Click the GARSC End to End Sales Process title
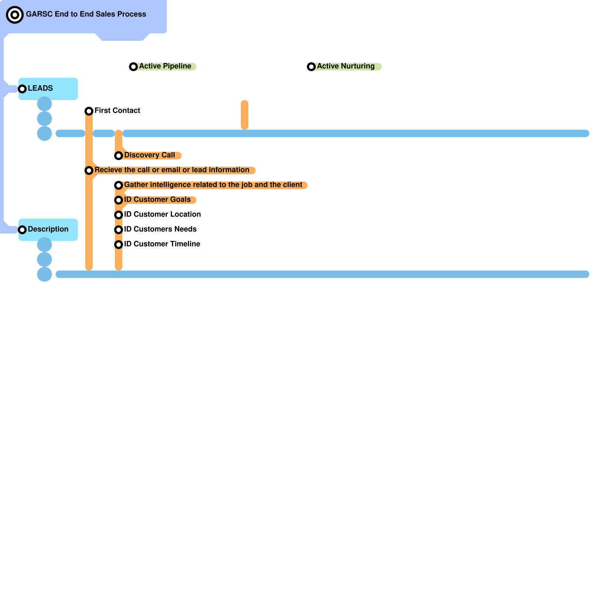86,14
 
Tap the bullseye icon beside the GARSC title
15,15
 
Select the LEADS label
40,88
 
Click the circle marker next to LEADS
22,89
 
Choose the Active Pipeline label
165,66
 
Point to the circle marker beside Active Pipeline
133,67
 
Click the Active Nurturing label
345,66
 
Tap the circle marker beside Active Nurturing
311,67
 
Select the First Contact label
117,110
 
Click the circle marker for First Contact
89,111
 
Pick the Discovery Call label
149,155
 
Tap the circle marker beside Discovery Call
119,156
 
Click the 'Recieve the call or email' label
172,170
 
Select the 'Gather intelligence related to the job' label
213,185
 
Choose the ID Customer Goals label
157,199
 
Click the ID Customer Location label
162,214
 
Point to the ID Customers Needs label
160,229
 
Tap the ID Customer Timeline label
162,244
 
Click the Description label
48,229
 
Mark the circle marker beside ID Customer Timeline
119,245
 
